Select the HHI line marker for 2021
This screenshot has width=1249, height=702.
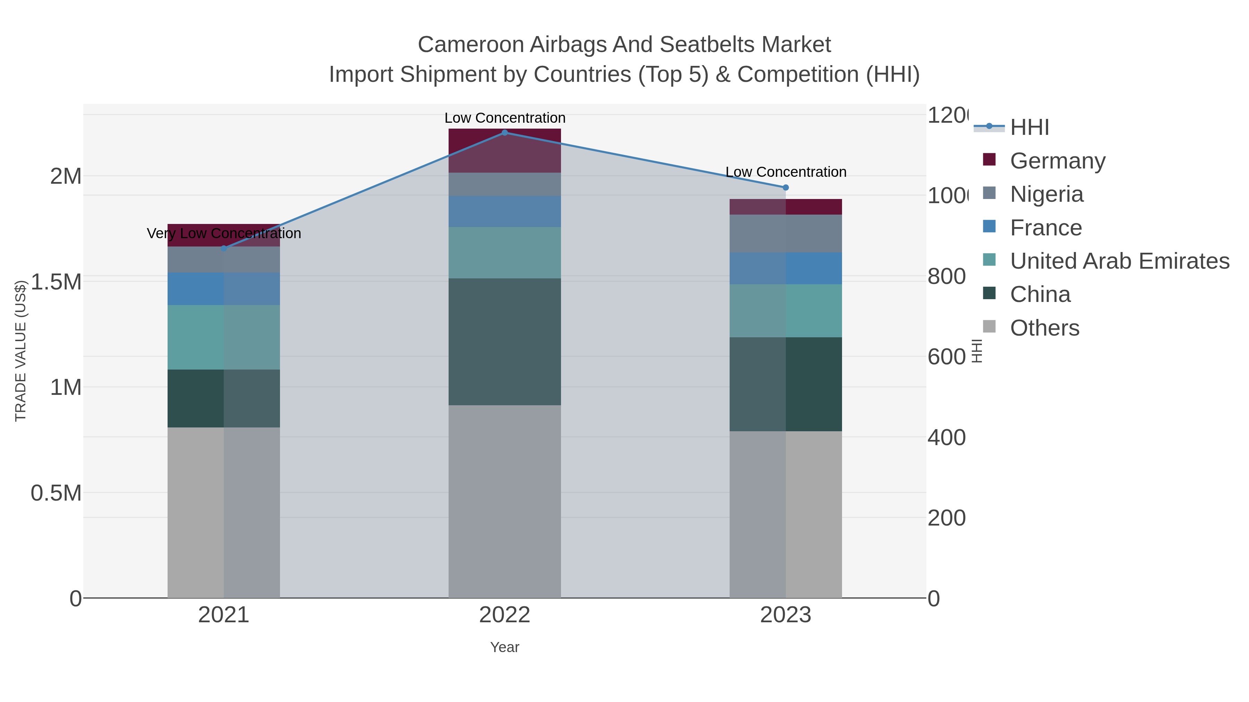click(x=223, y=249)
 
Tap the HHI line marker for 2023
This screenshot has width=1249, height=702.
click(x=785, y=188)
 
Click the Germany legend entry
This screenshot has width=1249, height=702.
click(x=1057, y=161)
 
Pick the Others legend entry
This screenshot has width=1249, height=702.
click(x=1044, y=328)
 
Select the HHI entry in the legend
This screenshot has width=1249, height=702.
click(x=1029, y=128)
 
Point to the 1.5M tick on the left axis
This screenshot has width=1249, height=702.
click(x=56, y=282)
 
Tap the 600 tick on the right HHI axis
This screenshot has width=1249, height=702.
click(x=946, y=357)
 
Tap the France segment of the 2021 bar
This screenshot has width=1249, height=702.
click(x=223, y=289)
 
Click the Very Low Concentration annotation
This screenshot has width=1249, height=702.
click(x=223, y=234)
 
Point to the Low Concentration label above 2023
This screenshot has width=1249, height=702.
click(x=785, y=172)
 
